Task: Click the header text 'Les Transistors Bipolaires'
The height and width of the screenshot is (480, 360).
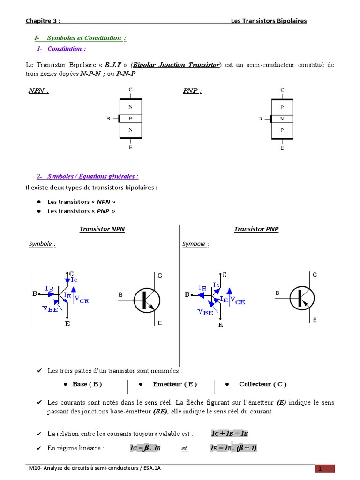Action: coord(269,21)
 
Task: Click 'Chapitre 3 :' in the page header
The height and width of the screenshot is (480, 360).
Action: coord(43,21)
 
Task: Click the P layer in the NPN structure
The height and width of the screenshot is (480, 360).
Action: coord(130,118)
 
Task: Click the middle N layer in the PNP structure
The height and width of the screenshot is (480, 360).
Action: coord(282,119)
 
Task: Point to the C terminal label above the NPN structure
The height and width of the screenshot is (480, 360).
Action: coord(130,89)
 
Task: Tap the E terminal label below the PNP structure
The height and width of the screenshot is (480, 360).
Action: coord(282,147)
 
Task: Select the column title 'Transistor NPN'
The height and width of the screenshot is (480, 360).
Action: coord(102,229)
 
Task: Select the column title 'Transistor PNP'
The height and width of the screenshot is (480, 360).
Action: coord(256,229)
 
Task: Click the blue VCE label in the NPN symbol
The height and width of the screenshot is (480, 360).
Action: coord(81,300)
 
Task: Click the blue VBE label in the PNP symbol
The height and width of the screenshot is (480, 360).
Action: coord(205,312)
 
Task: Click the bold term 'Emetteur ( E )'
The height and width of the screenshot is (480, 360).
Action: coord(175,384)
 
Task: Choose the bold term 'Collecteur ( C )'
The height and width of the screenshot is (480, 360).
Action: coord(262,384)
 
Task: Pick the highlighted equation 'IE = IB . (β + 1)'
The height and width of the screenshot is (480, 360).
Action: coord(233,448)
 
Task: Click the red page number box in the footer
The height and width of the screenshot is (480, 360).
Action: coord(324,469)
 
